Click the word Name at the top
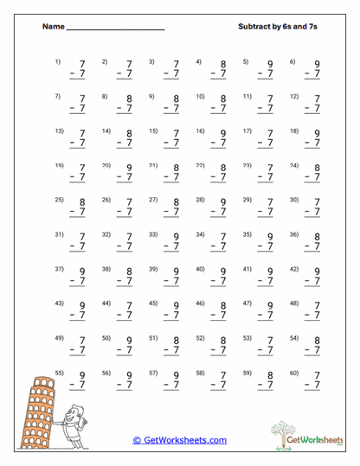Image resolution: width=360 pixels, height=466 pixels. coord(53,27)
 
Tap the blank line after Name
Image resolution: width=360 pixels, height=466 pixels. coord(115,29)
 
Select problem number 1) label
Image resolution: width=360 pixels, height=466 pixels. coord(58,61)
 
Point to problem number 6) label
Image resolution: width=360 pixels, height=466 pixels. coord(292,61)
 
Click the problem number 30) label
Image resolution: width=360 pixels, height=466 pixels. coord(293,200)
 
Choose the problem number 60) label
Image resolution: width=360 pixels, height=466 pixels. coord(293,372)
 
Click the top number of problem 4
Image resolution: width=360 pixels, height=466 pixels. coord(223,64)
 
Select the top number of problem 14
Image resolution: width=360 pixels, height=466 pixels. coord(130,133)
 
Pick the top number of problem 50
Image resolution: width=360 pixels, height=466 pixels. coord(130,341)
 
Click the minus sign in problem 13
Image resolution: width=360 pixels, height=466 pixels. coord(72,144)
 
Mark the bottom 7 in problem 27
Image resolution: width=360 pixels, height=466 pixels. coord(177,213)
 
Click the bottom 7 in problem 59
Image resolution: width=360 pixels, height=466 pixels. coord(271,385)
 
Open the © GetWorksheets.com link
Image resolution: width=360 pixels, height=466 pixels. coord(180,440)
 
